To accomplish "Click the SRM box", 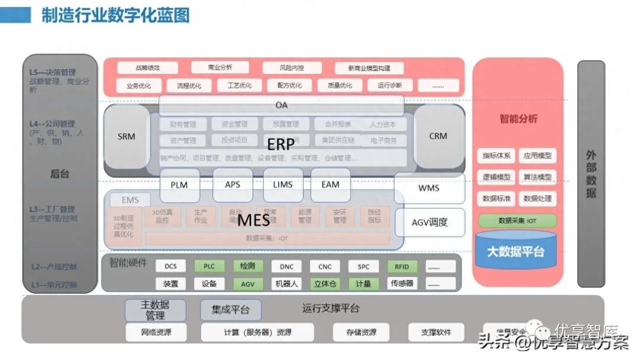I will [126, 137].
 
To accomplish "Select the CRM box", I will [438, 136].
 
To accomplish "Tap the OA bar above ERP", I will [282, 105].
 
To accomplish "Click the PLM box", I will [179, 185].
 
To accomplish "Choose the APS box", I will [233, 185].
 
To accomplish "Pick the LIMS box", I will [283, 185].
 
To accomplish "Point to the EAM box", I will [330, 185].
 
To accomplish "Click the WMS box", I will [429, 188].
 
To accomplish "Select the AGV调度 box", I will [430, 223].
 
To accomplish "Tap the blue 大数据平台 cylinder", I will [515, 252].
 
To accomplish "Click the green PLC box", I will [209, 266].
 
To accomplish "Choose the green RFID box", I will [402, 266].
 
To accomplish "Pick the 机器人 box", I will [286, 284].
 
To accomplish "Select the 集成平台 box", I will [230, 310].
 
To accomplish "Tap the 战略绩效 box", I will [147, 68].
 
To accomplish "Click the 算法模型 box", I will [537, 177].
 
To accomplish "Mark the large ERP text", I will [280, 144].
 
